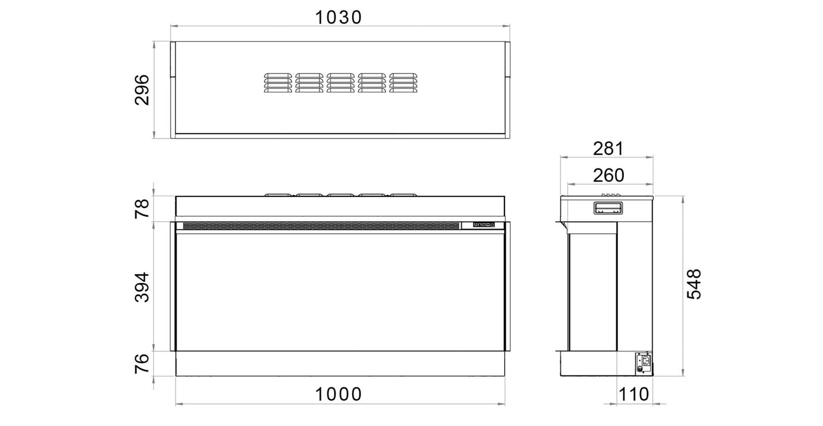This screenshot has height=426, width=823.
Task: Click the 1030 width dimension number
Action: coord(339,18)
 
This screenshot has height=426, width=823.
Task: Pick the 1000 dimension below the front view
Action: coord(339,394)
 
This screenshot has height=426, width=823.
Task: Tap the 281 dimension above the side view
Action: coord(608,148)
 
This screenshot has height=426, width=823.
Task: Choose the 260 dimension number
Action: coord(608,175)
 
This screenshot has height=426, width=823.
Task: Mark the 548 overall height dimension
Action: coord(694,284)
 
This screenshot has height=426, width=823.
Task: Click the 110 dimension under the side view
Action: coord(635,394)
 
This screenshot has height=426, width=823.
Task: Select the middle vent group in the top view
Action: coord(341,82)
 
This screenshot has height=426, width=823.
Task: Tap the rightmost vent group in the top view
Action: coord(403,82)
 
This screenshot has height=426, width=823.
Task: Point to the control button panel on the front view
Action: coord(484,225)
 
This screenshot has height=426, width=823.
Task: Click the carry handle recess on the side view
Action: coord(608,208)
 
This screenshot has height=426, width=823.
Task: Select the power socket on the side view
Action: coord(644,360)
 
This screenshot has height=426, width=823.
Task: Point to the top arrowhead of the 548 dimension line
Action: coord(683,198)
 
